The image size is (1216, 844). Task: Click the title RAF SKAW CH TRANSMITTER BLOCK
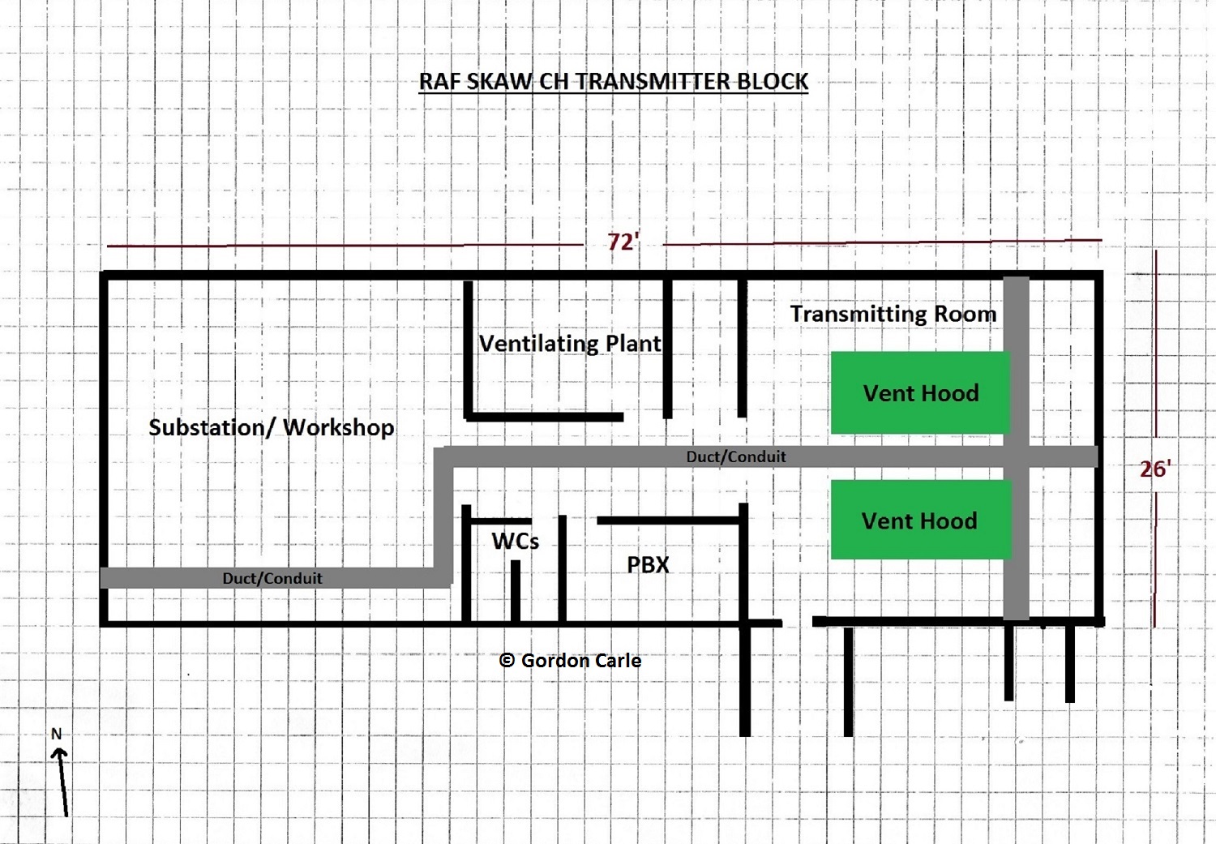[613, 82]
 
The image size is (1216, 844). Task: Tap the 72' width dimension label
[623, 242]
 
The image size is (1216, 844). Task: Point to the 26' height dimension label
[1154, 469]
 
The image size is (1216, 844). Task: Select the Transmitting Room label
[893, 314]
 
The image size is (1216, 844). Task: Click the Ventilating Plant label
[570, 344]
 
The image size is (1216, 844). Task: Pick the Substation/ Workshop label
[272, 427]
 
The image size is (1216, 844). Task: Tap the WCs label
[515, 541]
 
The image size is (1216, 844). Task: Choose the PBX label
[648, 565]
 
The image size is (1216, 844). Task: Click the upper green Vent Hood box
[920, 393]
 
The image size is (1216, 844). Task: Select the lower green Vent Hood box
[920, 520]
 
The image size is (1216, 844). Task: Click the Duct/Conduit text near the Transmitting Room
[736, 456]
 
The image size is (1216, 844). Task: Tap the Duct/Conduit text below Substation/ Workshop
[272, 578]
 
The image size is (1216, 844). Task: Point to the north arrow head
[58, 753]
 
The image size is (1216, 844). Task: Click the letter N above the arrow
[56, 734]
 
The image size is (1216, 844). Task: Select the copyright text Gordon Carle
[580, 661]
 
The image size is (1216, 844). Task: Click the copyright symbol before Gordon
[507, 661]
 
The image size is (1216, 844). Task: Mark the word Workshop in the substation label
[338, 427]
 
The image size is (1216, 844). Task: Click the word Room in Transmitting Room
[965, 314]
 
